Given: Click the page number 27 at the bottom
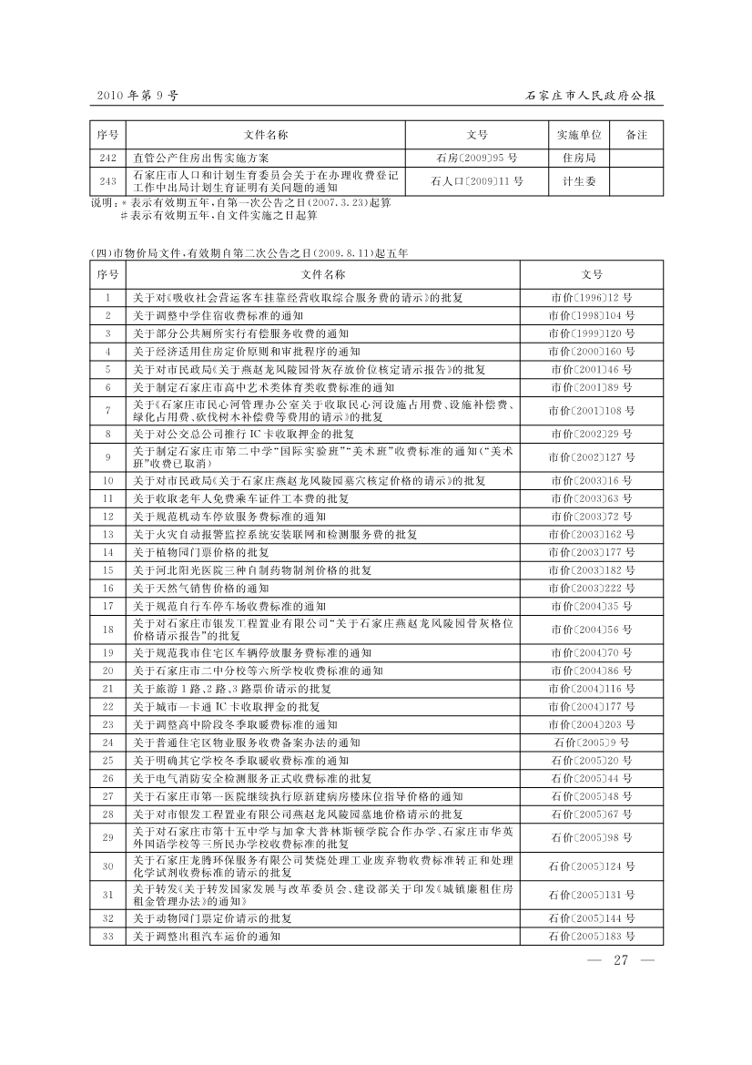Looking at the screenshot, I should (x=622, y=960).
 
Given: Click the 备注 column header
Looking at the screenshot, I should (x=636, y=135).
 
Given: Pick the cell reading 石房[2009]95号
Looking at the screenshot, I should (x=477, y=158).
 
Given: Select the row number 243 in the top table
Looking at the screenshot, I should (x=107, y=181).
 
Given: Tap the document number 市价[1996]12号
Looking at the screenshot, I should (x=592, y=298).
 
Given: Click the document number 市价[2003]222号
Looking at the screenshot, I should (x=592, y=588).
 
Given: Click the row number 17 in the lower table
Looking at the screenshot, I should (x=107, y=605).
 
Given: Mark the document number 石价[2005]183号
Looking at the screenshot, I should (x=592, y=936).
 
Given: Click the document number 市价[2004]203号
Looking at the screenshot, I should (x=592, y=724).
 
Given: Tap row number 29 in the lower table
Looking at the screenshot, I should (x=107, y=836).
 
